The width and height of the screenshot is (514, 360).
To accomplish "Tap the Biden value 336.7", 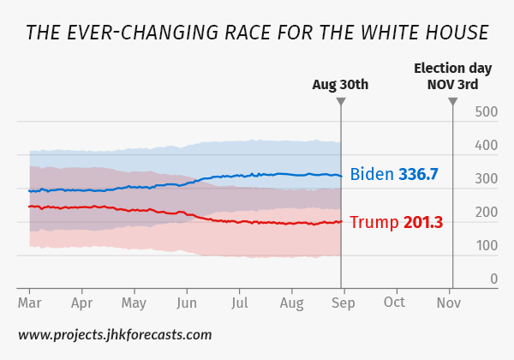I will [x=418, y=174].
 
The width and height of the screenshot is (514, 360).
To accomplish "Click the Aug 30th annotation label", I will [x=340, y=84].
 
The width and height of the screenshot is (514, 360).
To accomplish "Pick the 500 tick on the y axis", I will [x=487, y=112].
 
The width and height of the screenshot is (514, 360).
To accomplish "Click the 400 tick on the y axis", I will [x=487, y=146].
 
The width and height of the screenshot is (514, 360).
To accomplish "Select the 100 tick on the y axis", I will [x=487, y=246].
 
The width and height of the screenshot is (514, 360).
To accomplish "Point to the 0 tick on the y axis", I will [x=493, y=279].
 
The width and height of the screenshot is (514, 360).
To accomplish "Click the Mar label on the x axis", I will [x=30, y=303].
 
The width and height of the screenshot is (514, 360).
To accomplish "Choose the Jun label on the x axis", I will [x=187, y=303].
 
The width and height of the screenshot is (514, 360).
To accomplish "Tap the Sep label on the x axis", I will [x=343, y=303].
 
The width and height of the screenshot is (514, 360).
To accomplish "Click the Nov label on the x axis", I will [x=449, y=303].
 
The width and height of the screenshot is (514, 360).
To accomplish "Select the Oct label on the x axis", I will [x=395, y=303].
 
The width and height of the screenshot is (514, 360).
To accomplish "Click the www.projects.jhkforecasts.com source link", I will [x=115, y=334].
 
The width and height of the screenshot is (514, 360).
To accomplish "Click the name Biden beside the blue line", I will [x=371, y=174].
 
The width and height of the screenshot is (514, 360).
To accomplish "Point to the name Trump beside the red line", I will [x=374, y=223].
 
